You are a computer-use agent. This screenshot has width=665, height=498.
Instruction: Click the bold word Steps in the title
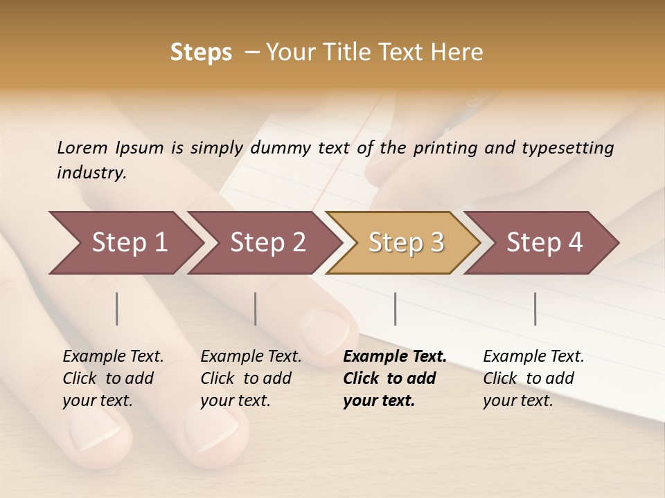(x=201, y=53)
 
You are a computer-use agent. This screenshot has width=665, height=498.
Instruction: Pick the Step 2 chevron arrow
(x=265, y=243)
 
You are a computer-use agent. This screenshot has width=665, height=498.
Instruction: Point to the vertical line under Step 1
(x=117, y=308)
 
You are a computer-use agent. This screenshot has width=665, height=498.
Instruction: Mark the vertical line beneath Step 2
(x=256, y=308)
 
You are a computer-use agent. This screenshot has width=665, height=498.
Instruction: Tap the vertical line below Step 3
(x=396, y=308)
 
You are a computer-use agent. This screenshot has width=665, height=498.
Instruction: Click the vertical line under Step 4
(x=535, y=308)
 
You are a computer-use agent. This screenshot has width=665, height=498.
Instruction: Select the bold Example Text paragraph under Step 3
(x=394, y=378)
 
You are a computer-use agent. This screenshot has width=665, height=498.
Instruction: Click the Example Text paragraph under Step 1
(x=113, y=378)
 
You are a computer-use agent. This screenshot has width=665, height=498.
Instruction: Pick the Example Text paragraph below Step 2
(x=251, y=378)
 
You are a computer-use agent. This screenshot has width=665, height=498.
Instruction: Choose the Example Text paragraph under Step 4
(x=533, y=378)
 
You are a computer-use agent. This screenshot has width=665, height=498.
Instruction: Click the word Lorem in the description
(x=82, y=147)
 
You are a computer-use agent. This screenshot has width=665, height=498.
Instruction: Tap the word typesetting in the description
(x=567, y=147)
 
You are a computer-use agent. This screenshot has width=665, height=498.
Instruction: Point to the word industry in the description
(x=91, y=172)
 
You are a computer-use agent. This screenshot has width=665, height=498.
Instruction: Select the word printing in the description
(x=443, y=147)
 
